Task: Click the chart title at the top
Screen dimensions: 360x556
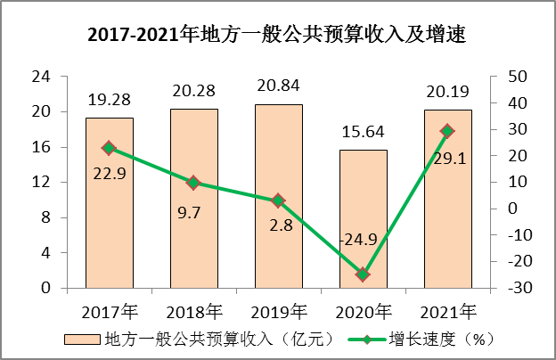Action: [277, 35]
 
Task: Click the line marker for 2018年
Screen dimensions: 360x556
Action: [193, 183]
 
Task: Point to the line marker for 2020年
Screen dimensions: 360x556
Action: [363, 274]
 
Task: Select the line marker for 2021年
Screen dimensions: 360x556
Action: [447, 131]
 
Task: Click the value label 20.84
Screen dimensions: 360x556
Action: [278, 86]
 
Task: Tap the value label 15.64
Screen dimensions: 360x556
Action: [363, 132]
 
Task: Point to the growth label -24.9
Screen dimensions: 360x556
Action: [361, 239]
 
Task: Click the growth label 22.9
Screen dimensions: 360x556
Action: [109, 174]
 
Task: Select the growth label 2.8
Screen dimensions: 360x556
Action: [278, 225]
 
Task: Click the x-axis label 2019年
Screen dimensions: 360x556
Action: [278, 312]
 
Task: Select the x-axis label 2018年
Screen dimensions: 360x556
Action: [193, 312]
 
